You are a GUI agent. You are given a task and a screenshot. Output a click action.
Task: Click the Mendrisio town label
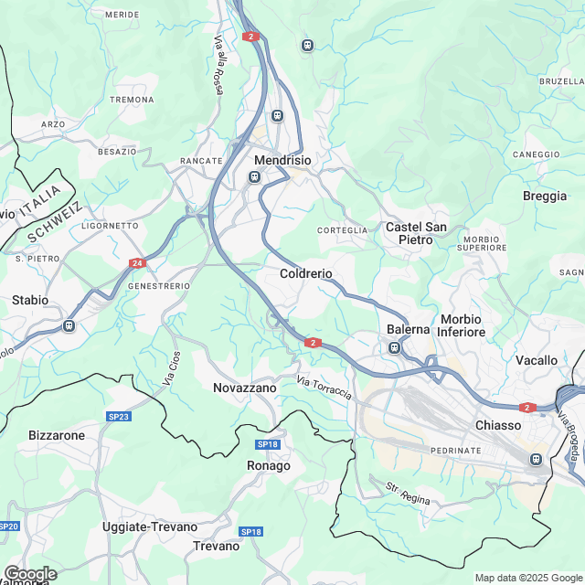coord(282,159)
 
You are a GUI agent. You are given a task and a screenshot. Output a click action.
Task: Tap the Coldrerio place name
coord(305,273)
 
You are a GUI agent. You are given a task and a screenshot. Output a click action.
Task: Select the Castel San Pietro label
coord(416,233)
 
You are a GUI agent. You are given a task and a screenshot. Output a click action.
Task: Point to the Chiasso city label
coord(498,425)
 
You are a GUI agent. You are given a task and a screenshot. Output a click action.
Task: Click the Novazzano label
coord(244,388)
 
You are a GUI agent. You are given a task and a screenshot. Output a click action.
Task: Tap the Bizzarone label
coord(57,435)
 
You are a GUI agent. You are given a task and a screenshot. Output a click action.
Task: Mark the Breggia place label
coord(545,196)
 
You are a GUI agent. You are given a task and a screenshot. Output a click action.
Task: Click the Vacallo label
coord(537,360)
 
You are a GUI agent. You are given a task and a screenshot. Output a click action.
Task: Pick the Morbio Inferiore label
coord(462,325)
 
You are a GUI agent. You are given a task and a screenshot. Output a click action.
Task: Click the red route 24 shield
coord(137,263)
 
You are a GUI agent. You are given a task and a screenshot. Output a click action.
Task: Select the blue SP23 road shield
coord(118,417)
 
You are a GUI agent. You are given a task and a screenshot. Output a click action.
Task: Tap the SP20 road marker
coord(9,526)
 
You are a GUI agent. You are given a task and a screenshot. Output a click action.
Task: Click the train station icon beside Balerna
coord(395,347)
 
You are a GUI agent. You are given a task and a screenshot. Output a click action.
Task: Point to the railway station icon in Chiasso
coord(537,459)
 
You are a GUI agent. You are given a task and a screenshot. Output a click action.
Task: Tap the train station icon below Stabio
coord(69,325)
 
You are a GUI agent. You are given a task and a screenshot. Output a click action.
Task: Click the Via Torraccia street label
coord(324,388)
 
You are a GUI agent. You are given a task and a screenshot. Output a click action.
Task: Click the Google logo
coord(30,573)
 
